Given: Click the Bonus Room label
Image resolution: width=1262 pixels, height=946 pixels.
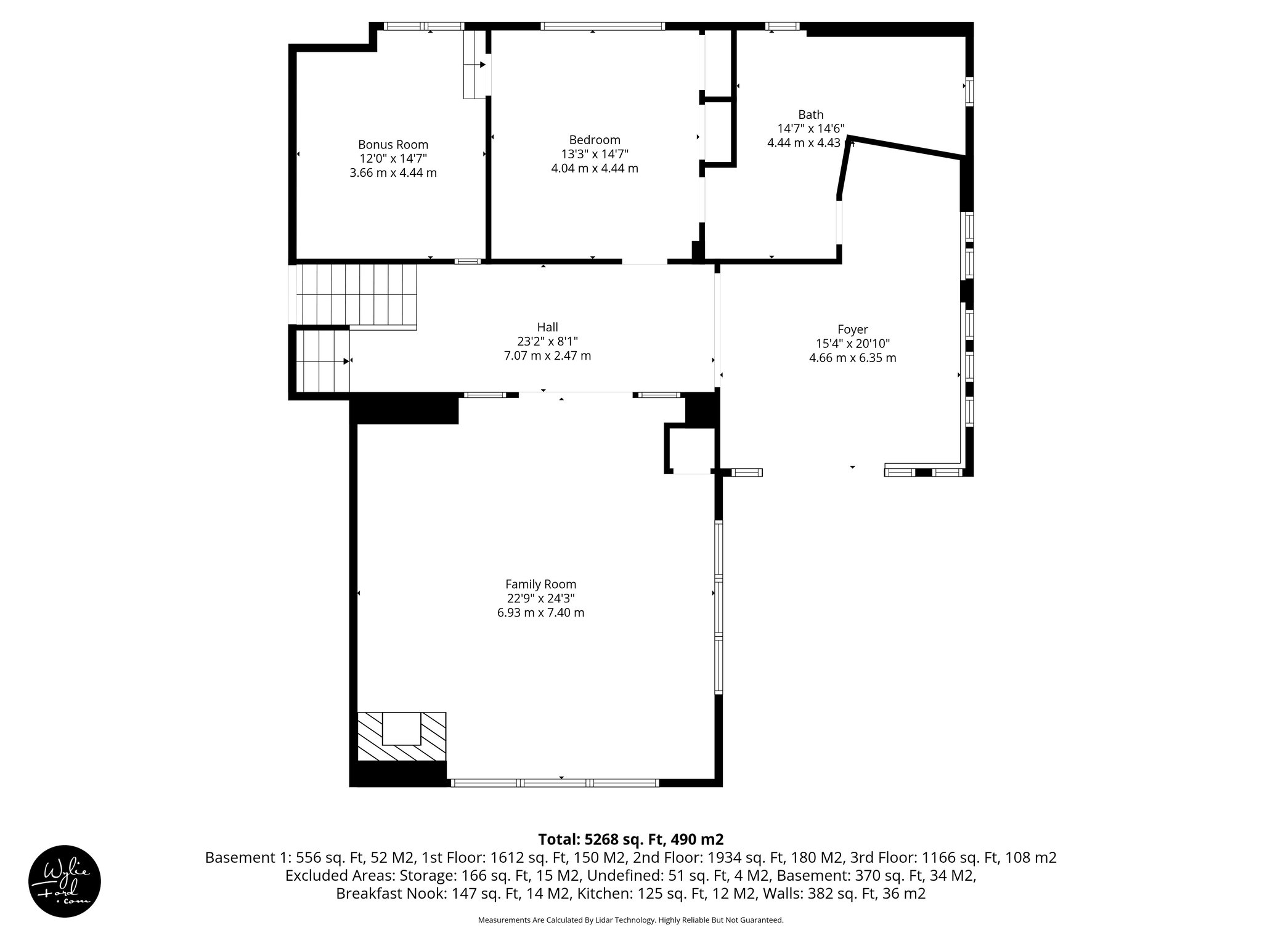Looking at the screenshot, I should pos(393,145).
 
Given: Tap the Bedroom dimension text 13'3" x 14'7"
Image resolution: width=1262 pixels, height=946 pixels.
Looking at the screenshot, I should pos(594,154).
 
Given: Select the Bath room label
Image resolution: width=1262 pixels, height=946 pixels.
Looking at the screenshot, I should pos(810,115).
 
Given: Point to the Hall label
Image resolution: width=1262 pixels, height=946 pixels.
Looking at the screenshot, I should pos(547,327).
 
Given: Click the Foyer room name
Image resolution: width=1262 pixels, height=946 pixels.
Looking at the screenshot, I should pos(852,329).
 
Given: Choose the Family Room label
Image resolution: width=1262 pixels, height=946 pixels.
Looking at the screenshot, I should pos(540,584).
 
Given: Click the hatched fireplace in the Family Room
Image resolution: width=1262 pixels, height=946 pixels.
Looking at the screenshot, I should pos(402,737).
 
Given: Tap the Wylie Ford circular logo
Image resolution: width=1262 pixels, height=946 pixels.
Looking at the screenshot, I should pos(65,881).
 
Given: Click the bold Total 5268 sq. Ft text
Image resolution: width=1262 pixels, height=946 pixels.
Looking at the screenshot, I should pos(630,839).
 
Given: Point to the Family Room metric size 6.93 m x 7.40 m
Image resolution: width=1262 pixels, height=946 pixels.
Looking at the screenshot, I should pos(540,613).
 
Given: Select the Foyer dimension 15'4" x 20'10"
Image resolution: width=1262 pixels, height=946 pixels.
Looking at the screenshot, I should pos(852,344).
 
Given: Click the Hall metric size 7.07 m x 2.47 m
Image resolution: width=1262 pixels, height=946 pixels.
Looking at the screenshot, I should pos(547,355).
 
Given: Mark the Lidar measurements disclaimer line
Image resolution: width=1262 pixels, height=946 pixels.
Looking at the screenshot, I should pos(630,920).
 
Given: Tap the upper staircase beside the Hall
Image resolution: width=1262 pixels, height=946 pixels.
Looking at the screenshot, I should pos(356,294).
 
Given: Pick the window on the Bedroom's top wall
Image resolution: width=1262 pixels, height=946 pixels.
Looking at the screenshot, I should pos(603,26).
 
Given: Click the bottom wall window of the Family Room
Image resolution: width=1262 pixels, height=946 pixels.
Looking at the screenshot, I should pos(555,783).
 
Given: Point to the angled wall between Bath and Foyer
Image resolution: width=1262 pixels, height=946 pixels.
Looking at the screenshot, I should pos(905,148).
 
